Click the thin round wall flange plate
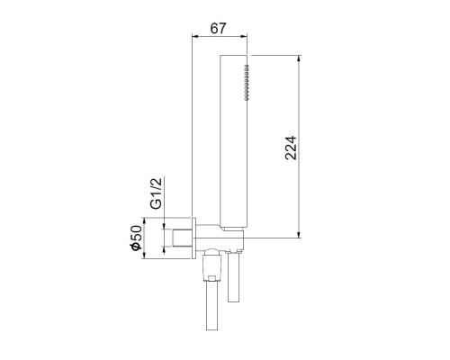195,240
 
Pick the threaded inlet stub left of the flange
182,240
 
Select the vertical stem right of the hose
236,279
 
